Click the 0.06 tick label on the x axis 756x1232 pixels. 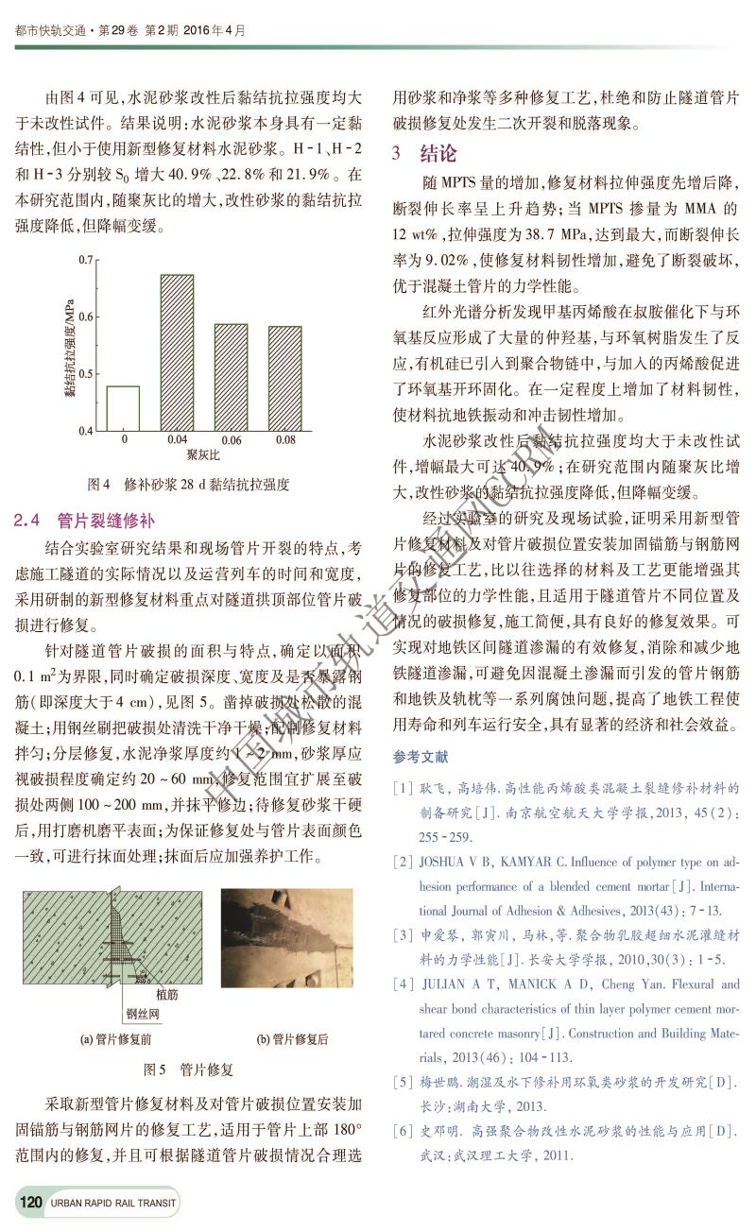(x=231, y=440)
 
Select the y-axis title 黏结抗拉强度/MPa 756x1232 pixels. (x=70, y=344)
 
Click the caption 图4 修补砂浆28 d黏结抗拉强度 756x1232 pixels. (x=187, y=485)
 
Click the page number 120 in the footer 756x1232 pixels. (x=30, y=1203)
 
